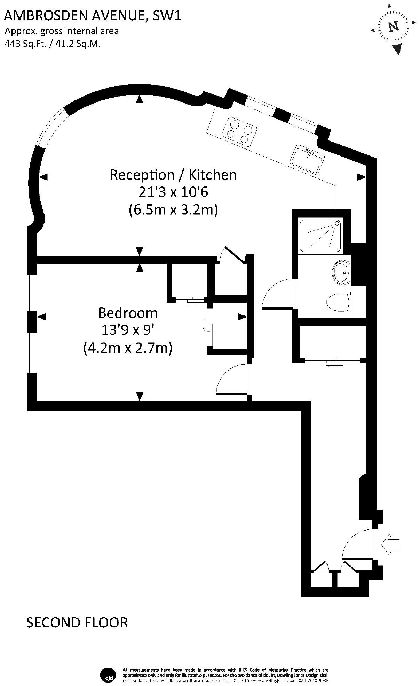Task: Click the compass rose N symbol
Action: [x=394, y=27]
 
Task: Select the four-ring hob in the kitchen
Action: [x=239, y=131]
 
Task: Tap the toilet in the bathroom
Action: [x=338, y=302]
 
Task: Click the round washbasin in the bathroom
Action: [x=342, y=272]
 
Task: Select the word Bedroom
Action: [x=128, y=313]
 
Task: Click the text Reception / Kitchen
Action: [x=173, y=175]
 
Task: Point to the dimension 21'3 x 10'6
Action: [x=173, y=192]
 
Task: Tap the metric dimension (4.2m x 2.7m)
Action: [x=128, y=348]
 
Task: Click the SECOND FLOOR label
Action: [x=77, y=623]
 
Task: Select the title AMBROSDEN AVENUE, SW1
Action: [x=93, y=15]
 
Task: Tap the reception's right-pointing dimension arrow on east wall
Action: [x=362, y=177]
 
